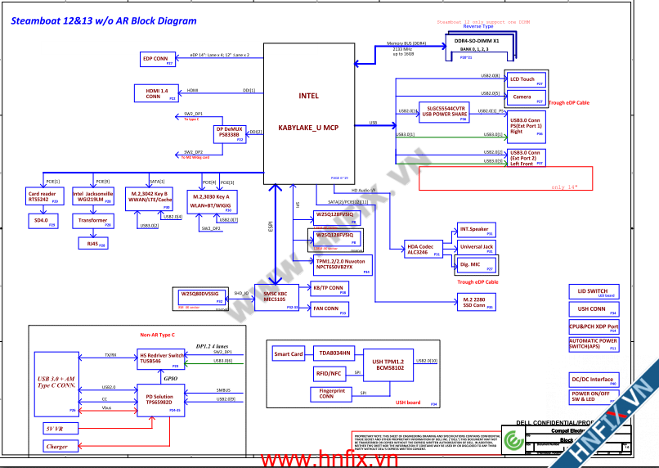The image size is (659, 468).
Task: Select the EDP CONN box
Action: click(x=155, y=59)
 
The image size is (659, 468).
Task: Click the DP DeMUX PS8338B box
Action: click(x=230, y=133)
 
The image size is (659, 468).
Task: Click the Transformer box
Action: click(x=92, y=221)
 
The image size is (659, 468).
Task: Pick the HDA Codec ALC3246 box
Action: click(x=425, y=249)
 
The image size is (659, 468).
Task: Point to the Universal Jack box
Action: click(x=477, y=247)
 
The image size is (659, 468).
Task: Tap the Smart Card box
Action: click(x=288, y=354)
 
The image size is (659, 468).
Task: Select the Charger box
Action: click(x=57, y=447)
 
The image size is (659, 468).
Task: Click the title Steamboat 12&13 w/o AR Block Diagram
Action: click(x=104, y=21)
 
